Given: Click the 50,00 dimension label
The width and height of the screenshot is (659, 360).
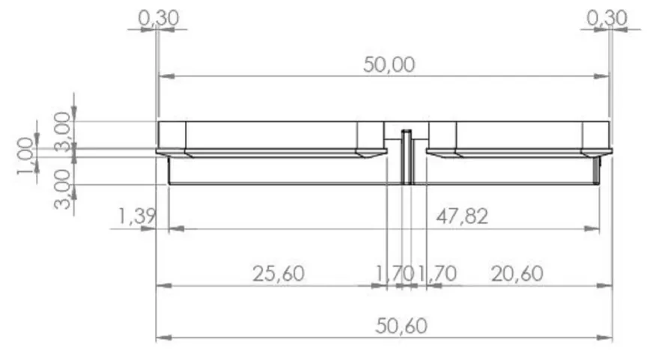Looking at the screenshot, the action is [389, 65].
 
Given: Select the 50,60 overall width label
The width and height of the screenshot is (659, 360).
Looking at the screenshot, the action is [401, 326].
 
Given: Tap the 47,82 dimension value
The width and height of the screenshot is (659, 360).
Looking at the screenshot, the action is [462, 217].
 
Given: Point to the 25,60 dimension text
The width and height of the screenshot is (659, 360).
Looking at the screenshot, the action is [279, 274].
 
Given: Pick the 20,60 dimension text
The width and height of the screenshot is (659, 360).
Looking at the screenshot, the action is [517, 274].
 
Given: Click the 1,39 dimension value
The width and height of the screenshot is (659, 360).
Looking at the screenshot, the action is [136, 217].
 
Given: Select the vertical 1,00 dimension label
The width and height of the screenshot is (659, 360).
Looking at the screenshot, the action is [25, 156].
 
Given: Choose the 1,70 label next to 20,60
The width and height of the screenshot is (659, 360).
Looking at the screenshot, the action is [437, 274].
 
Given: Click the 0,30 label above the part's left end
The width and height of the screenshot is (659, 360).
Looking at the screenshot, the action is [159, 18].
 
